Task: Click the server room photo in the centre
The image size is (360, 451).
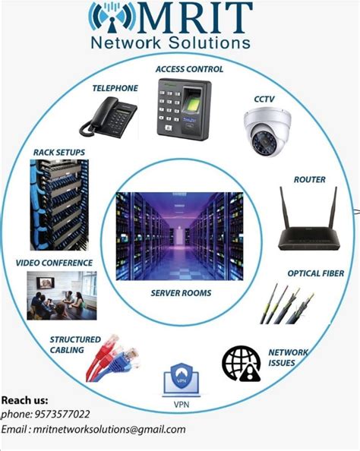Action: tap(179, 236)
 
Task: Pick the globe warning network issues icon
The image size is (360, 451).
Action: tap(241, 363)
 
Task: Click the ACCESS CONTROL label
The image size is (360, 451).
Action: tap(189, 69)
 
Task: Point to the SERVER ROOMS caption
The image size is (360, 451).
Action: tap(180, 292)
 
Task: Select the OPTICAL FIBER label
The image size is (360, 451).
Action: tap(315, 273)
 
